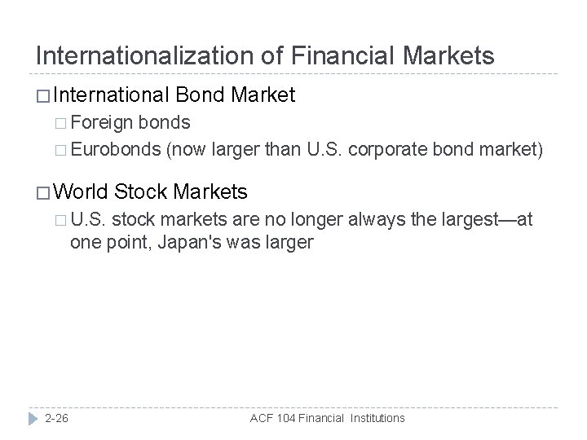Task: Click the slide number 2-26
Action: (57, 417)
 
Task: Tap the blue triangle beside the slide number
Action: (32, 417)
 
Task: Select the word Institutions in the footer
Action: (373, 417)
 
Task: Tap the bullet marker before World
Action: (44, 192)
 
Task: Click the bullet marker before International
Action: (44, 96)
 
